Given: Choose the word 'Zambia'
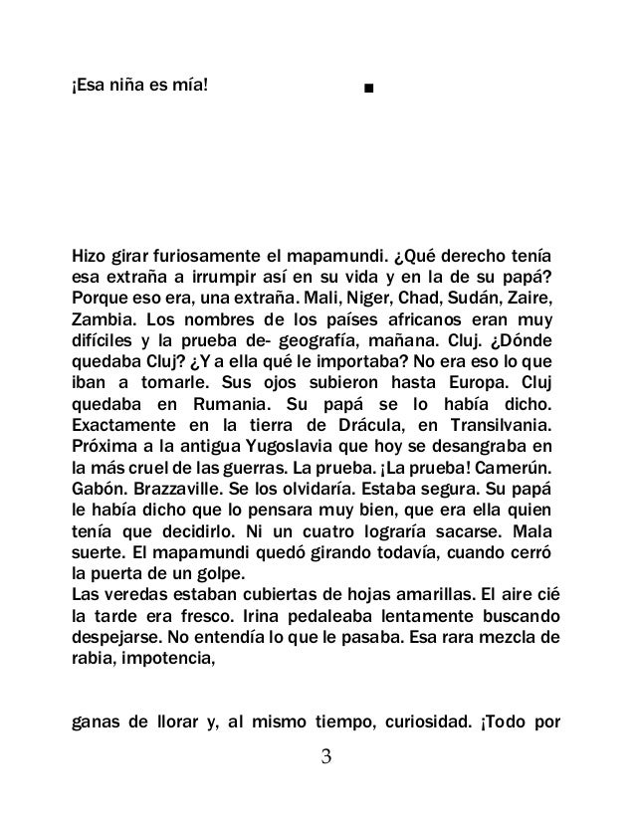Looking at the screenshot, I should tap(103, 320).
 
